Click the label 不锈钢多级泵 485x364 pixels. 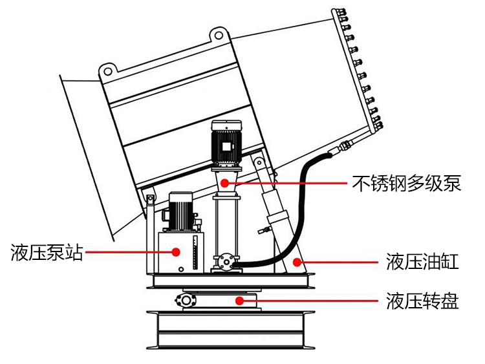(406, 184)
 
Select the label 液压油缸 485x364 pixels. (422, 262)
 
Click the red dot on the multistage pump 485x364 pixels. (225, 184)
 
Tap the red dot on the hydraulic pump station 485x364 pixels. (176, 252)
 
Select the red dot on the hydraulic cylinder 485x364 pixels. (297, 262)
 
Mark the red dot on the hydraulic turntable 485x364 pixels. (241, 300)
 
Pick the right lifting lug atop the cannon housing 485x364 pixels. (219, 35)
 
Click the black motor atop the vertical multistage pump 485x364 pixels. (225, 144)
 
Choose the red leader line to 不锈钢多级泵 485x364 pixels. (291, 184)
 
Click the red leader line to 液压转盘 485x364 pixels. (310, 300)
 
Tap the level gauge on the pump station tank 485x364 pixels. (191, 255)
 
